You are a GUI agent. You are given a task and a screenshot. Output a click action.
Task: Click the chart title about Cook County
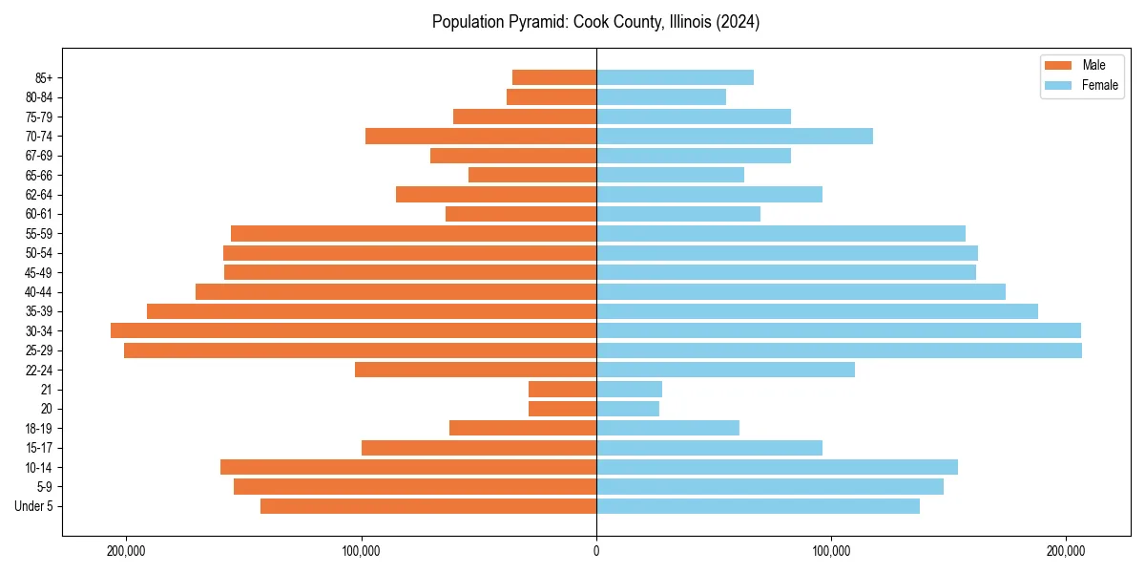point(595,22)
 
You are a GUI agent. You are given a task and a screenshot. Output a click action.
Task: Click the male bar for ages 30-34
point(353,330)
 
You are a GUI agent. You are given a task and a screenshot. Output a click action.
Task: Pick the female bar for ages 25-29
point(839,350)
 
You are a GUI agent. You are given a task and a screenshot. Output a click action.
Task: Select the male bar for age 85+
point(554,77)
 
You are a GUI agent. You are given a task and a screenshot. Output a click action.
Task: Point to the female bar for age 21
point(629,390)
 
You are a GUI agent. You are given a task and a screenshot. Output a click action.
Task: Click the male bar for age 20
point(562,409)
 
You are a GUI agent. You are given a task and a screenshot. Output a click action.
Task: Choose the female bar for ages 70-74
point(735,136)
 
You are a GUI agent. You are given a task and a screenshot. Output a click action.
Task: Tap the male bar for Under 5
point(428,506)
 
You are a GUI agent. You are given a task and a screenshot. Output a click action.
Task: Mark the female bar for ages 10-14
point(777,467)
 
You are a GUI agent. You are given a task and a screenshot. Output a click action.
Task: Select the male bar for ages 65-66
point(532,175)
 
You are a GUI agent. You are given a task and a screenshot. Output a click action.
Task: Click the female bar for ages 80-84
point(661,96)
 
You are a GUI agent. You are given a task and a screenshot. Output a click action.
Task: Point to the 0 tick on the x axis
point(596,550)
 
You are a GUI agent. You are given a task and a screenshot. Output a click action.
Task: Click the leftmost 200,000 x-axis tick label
point(126,550)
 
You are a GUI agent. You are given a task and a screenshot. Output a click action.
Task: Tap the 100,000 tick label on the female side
point(831,550)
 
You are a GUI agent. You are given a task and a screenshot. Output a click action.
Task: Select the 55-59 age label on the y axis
point(39,233)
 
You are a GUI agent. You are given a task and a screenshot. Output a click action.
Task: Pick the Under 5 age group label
point(34,506)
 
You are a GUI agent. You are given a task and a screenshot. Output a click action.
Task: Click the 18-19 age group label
point(39,428)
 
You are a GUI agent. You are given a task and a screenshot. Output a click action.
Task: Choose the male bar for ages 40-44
point(396,291)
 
